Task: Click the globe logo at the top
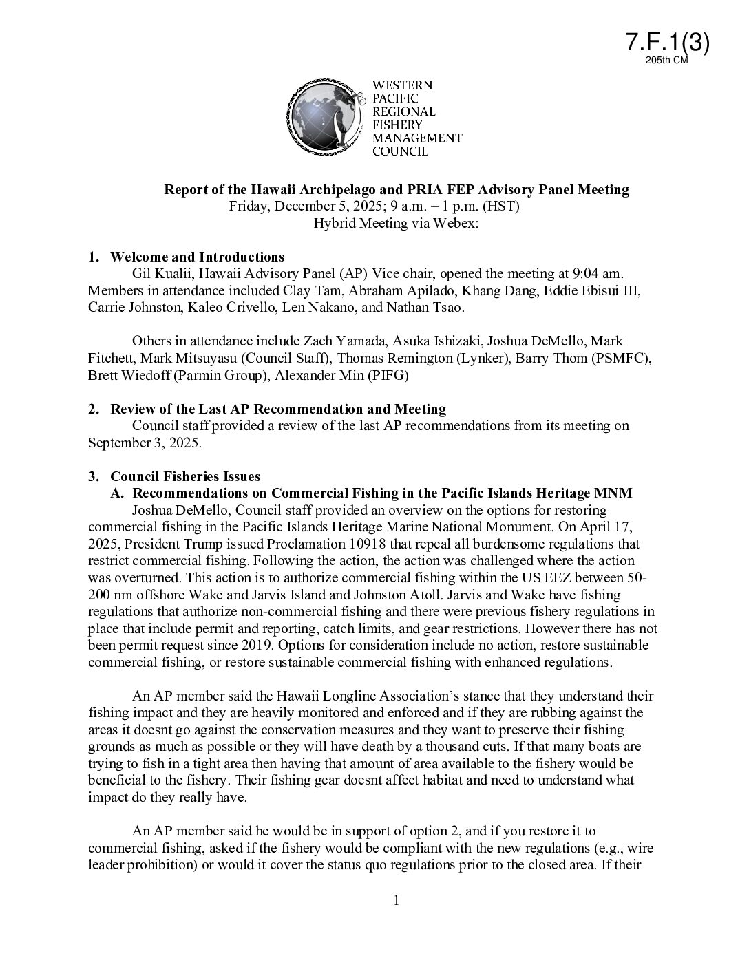coord(324,116)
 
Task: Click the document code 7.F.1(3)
coord(667,43)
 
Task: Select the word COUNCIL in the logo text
coord(400,151)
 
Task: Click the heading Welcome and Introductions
coord(197,257)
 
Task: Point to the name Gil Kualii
coord(160,274)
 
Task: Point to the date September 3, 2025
coord(144,443)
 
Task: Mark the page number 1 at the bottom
coord(397,901)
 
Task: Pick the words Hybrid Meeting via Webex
coord(395,223)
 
